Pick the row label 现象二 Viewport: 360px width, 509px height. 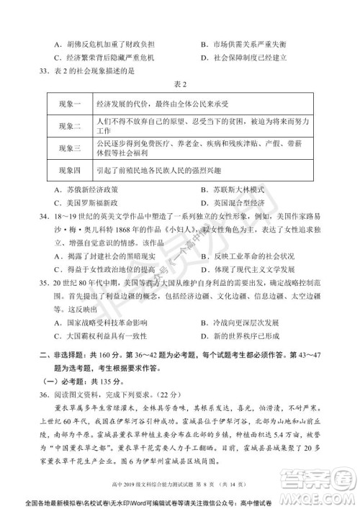click(68, 126)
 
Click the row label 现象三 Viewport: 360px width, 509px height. click(68, 149)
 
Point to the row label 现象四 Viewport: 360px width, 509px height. click(68, 172)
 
